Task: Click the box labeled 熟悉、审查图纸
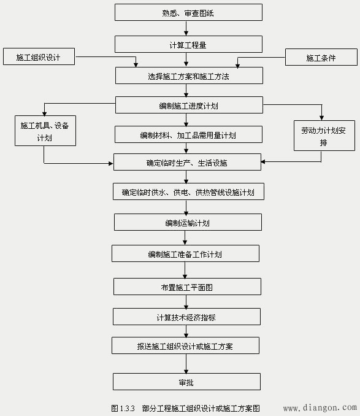pos(188,12)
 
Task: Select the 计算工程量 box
pos(188,44)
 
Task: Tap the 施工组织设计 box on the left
pos(39,57)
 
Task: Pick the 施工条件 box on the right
pos(321,58)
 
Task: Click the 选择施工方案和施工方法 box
pos(189,76)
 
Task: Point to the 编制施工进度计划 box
pos(188,105)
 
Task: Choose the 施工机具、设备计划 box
pos(45,131)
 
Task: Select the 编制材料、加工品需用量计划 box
pos(188,134)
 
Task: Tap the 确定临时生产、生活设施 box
pos(188,163)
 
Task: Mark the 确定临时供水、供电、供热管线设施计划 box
pos(188,192)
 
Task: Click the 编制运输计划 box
pos(188,222)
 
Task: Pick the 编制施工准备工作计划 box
pos(185,253)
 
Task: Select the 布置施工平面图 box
pos(187,287)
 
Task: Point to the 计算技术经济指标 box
pos(186,317)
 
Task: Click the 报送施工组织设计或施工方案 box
pos(185,346)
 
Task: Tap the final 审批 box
pos(186,382)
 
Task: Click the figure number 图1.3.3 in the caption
pos(123,408)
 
